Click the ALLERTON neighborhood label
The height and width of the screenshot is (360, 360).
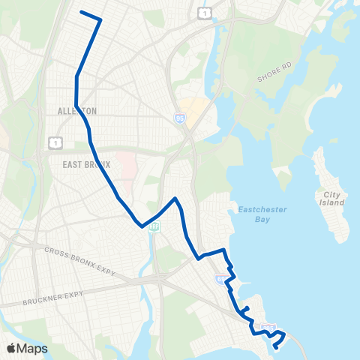pos(77,111)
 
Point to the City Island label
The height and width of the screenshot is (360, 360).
pos(331,199)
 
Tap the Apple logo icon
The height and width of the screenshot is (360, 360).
pos(13,347)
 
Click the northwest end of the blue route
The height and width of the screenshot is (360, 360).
pos(81,12)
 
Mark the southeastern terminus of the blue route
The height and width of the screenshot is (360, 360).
pos(277,346)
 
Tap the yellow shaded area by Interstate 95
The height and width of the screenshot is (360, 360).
pos(192,110)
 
